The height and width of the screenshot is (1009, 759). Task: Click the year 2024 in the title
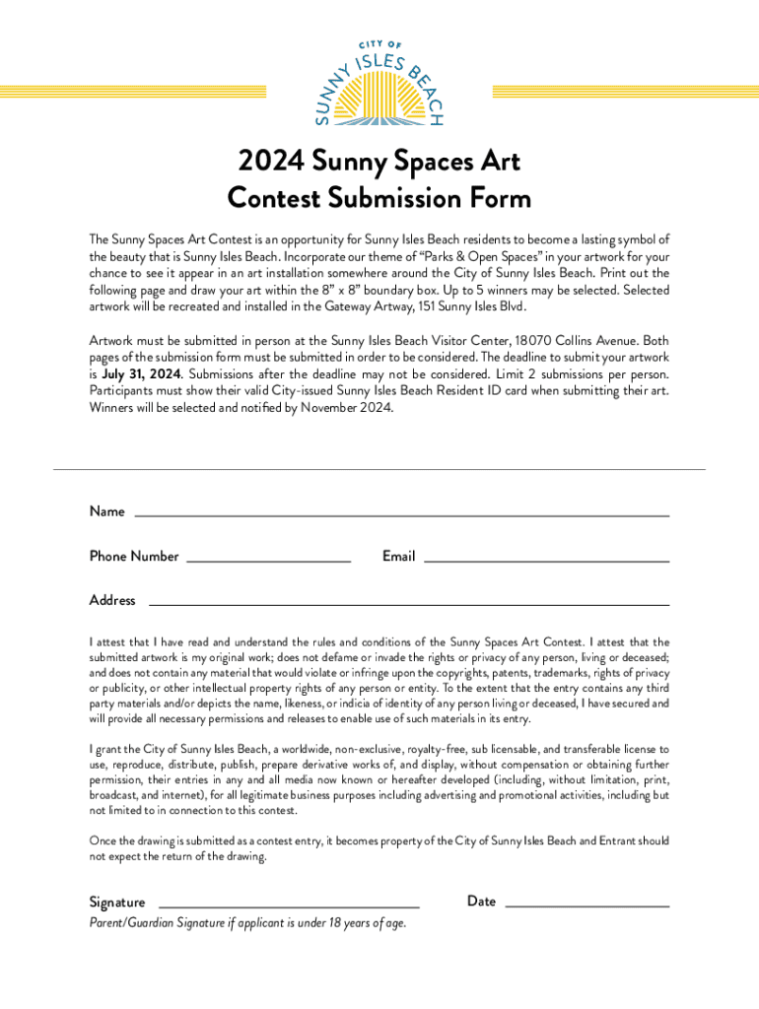coord(270,162)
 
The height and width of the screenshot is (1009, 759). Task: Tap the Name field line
coord(401,515)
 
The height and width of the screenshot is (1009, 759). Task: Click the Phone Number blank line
coord(268,561)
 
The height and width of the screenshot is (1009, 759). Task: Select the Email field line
coord(546,561)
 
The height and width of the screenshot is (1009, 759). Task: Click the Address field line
coord(408,604)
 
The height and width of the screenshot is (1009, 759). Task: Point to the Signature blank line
coord(289,906)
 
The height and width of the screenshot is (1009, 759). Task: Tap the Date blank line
coord(586,905)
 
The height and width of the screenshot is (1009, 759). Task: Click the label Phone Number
coord(134,556)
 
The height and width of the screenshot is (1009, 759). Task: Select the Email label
coord(398,556)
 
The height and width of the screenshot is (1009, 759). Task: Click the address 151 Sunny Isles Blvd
coord(471,306)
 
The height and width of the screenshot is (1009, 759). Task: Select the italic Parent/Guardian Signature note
coord(247,923)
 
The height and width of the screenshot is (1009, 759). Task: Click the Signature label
coord(117,902)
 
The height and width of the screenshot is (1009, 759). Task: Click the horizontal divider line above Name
coord(379,469)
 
